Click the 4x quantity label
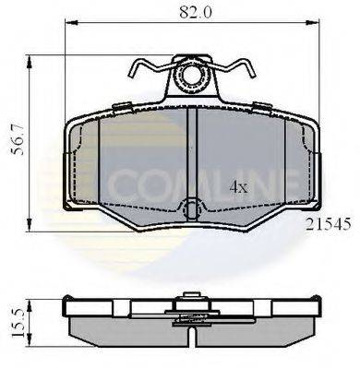239,187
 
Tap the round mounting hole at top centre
192,77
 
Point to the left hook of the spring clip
137,70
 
